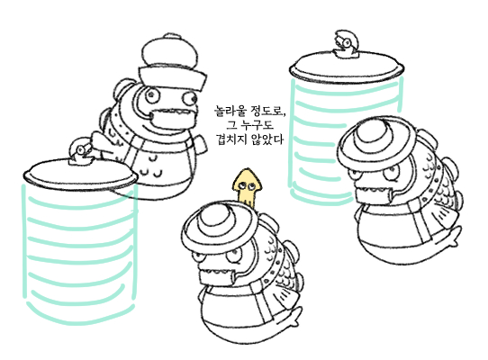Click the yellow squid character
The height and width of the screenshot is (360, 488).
coord(248,186)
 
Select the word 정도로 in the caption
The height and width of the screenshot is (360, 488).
coord(268,111)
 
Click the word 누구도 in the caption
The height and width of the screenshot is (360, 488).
coord(258,125)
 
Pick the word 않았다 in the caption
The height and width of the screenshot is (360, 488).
coord(267,139)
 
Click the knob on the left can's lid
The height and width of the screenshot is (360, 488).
coord(81,151)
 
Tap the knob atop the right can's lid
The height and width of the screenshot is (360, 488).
coord(347,43)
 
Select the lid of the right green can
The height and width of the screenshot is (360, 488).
coord(347,67)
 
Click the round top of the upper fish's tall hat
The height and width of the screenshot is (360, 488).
coord(169,50)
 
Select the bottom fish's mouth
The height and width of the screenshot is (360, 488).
coord(216,274)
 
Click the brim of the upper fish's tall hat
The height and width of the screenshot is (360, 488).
coord(172,76)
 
